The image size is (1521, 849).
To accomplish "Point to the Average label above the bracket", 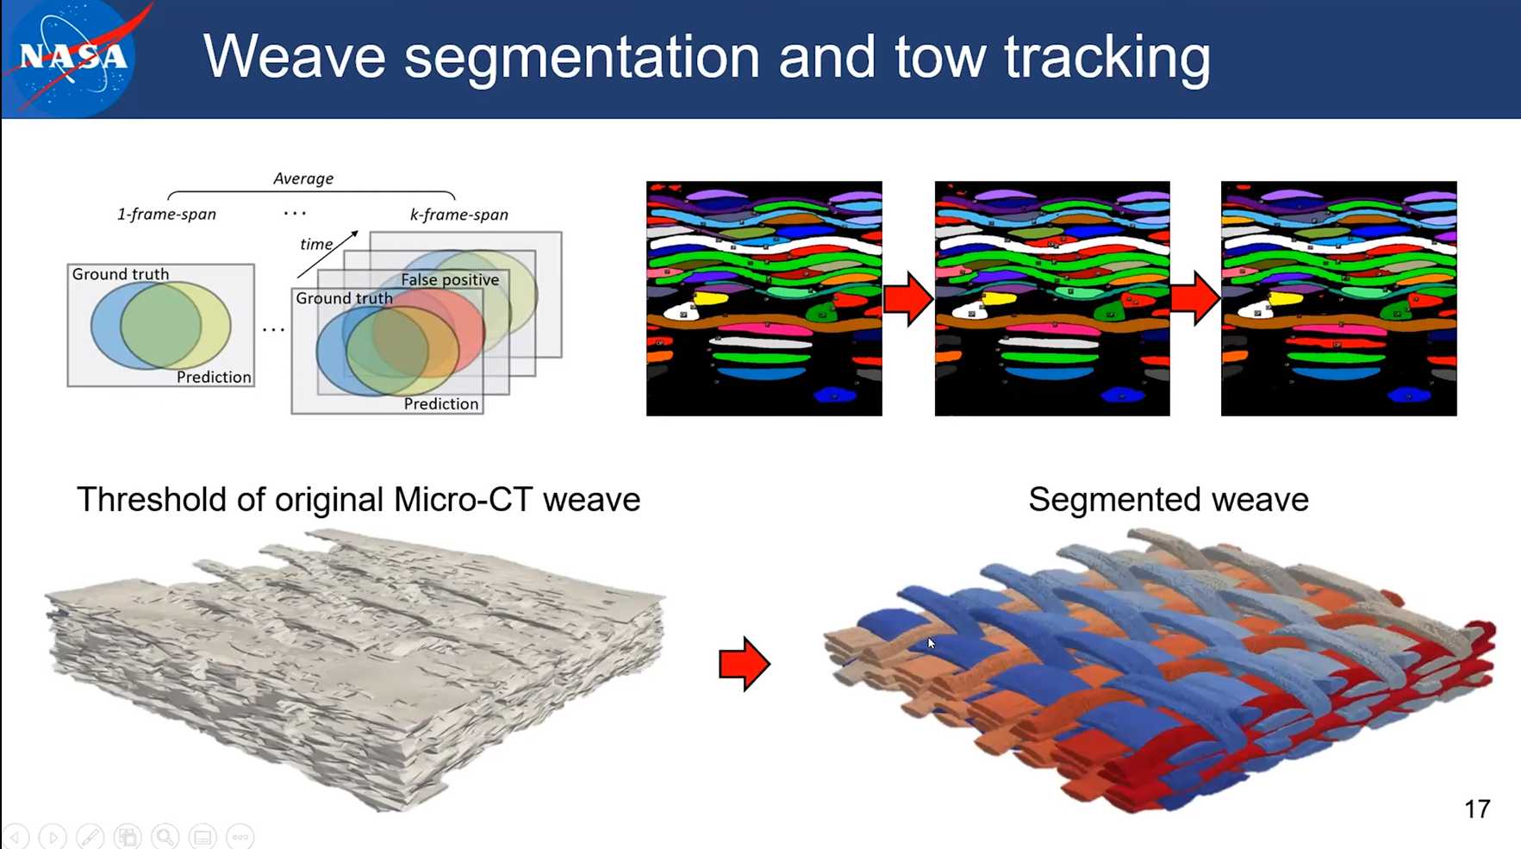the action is [303, 178].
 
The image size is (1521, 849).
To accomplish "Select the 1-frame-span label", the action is [166, 214].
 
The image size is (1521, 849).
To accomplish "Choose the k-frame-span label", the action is [458, 215].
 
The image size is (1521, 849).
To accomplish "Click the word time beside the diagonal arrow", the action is [316, 244].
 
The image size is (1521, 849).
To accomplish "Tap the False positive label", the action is [450, 279].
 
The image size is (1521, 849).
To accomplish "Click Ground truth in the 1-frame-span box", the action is [121, 274].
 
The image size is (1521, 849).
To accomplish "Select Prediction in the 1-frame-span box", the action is [214, 377].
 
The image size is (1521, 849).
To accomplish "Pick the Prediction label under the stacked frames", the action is [441, 403].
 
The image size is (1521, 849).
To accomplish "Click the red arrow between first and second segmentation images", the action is [908, 298].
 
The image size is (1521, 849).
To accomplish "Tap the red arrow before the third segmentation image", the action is [1195, 298].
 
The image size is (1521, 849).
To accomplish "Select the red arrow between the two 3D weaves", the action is [745, 664].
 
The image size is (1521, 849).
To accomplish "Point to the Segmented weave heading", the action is [1169, 500].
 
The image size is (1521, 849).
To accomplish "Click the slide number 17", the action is [1477, 808].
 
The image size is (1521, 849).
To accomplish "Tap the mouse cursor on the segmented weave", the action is [931, 644].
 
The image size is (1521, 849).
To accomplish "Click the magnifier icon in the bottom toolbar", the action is [165, 836].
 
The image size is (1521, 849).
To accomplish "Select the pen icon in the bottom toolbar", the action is [90, 836].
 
